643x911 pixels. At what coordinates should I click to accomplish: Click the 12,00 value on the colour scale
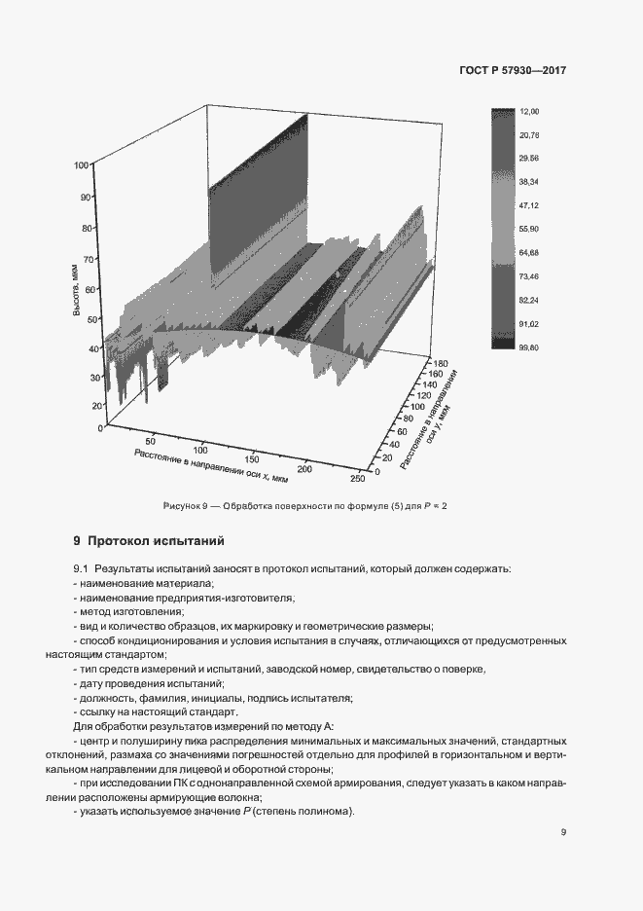[x=530, y=113]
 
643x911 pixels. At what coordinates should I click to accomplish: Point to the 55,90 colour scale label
[x=530, y=229]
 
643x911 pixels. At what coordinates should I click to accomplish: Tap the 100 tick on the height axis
[x=82, y=165]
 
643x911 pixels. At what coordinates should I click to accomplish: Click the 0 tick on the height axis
[x=88, y=427]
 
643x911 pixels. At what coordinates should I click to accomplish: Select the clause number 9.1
[x=81, y=568]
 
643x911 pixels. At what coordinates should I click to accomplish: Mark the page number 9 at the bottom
[x=563, y=832]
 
